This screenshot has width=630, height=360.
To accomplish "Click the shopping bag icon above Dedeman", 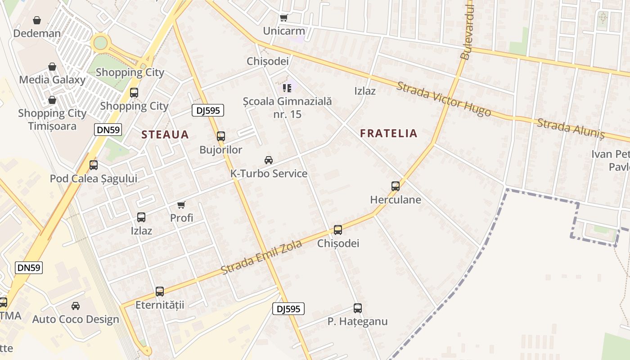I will [37, 20].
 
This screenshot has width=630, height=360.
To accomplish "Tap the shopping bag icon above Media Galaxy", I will [52, 67].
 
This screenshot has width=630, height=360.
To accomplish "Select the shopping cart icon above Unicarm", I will [283, 18].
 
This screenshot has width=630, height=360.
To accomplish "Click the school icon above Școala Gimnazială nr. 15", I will [287, 87].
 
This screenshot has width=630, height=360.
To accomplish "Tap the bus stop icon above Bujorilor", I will [220, 136].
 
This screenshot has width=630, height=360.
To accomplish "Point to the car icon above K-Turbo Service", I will [269, 160].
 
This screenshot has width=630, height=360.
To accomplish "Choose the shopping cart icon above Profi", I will [181, 205].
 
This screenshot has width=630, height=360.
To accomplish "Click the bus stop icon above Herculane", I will [396, 186].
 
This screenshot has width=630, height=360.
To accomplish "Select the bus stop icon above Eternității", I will [160, 291].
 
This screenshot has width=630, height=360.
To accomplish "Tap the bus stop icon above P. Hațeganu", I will [358, 308].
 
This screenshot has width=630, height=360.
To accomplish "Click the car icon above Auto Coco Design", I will [76, 306].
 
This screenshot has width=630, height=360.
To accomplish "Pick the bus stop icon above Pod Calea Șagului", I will [94, 165].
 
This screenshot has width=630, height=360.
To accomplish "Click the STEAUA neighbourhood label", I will [165, 134].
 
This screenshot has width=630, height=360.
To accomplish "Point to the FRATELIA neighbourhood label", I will [389, 133].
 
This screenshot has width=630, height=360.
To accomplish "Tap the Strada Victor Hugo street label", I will [443, 99].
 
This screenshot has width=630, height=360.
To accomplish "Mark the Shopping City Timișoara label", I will [52, 119].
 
